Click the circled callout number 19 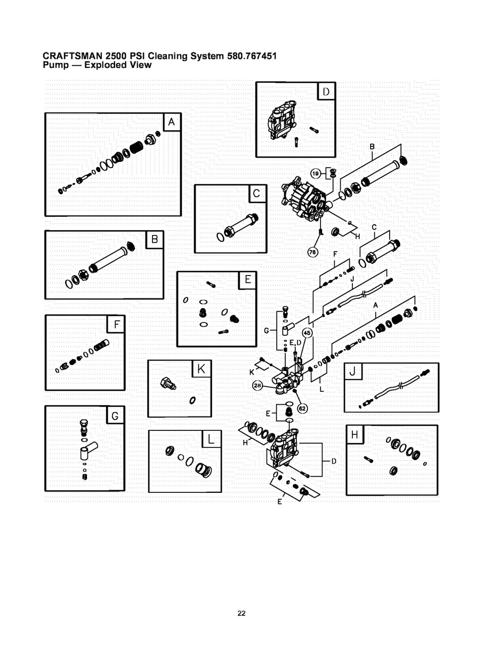316,173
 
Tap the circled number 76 313,252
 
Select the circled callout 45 307,332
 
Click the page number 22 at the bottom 241,613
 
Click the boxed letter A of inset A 171,122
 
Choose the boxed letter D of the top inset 326,91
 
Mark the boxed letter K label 201,369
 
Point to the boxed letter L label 211,439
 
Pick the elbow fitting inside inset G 87,449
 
